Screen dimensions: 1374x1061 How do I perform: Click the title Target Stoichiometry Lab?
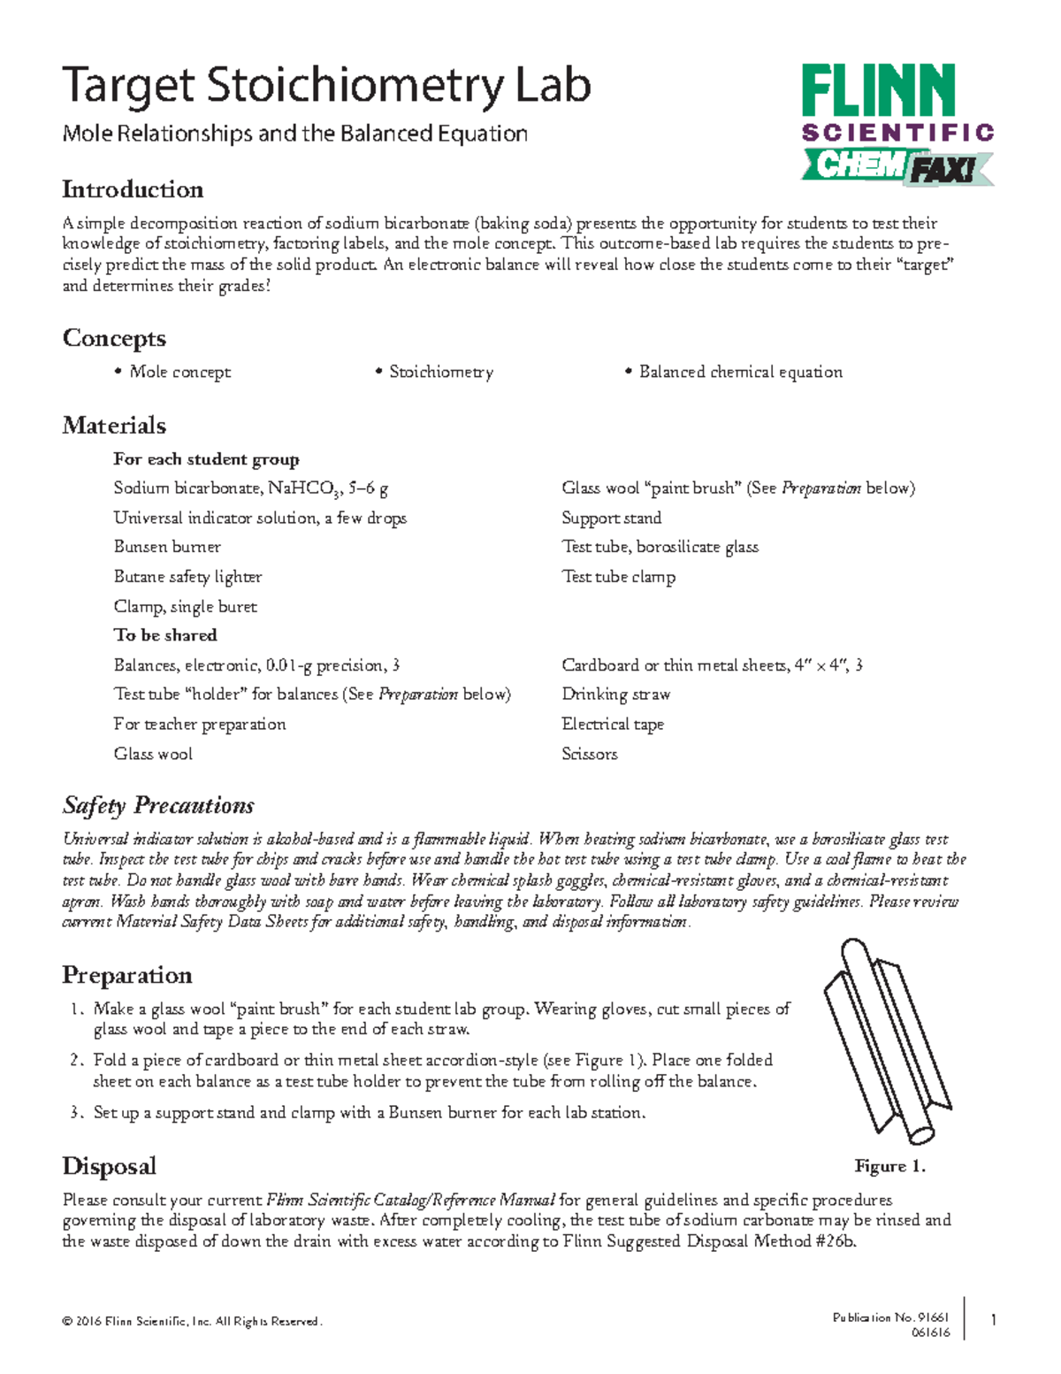pos(325,87)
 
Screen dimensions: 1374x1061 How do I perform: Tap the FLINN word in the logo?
pos(878,90)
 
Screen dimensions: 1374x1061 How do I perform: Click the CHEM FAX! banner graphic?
pos(897,166)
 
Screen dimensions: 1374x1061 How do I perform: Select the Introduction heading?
pos(133,189)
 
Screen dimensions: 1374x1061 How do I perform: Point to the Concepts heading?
pos(114,338)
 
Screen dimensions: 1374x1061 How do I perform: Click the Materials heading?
pos(114,426)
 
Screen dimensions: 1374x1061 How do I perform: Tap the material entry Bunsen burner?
pos(167,547)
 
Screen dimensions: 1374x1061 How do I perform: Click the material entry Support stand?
pos(611,518)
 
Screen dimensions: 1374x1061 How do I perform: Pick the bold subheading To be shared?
pos(164,635)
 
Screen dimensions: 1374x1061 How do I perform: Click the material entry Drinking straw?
pos(615,695)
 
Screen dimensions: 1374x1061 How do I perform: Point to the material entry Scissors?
pos(589,754)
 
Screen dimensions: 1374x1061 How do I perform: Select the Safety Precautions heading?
pos(158,806)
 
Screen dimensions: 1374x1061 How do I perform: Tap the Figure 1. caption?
pos(889,1166)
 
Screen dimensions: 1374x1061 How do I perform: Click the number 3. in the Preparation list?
pos(77,1113)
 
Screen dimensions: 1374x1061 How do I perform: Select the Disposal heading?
pos(109,1166)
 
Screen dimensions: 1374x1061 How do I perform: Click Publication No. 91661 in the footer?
pos(890,1317)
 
